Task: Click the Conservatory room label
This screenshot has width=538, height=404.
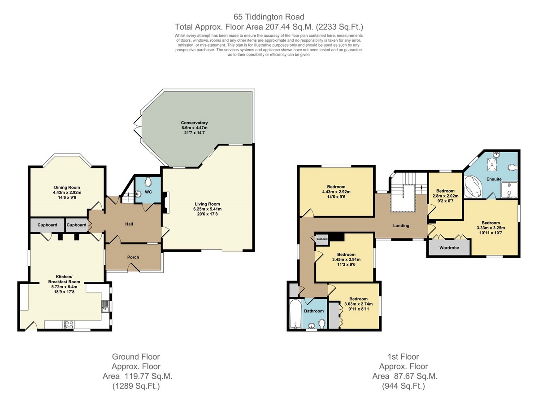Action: (x=194, y=123)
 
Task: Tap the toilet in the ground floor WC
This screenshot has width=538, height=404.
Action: (x=148, y=182)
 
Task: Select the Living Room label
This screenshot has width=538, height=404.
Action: (x=207, y=204)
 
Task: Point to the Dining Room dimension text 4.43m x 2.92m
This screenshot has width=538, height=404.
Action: (x=67, y=193)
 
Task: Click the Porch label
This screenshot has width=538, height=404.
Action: (x=133, y=257)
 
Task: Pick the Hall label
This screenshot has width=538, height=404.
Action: (x=129, y=224)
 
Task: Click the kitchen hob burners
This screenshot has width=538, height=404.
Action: (x=69, y=325)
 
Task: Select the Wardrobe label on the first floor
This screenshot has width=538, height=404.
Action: (x=449, y=248)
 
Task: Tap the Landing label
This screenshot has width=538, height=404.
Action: (x=401, y=226)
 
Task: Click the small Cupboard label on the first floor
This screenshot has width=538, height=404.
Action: (x=322, y=239)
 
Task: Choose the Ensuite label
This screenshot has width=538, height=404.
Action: (x=494, y=179)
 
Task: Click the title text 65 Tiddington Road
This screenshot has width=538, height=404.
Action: (x=269, y=17)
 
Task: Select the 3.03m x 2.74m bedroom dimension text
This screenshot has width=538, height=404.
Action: (x=358, y=304)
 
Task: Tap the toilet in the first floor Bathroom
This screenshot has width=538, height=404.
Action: (x=322, y=323)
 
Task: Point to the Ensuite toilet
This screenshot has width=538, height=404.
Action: (x=512, y=168)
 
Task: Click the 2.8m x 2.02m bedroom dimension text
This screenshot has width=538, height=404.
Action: (x=445, y=196)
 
